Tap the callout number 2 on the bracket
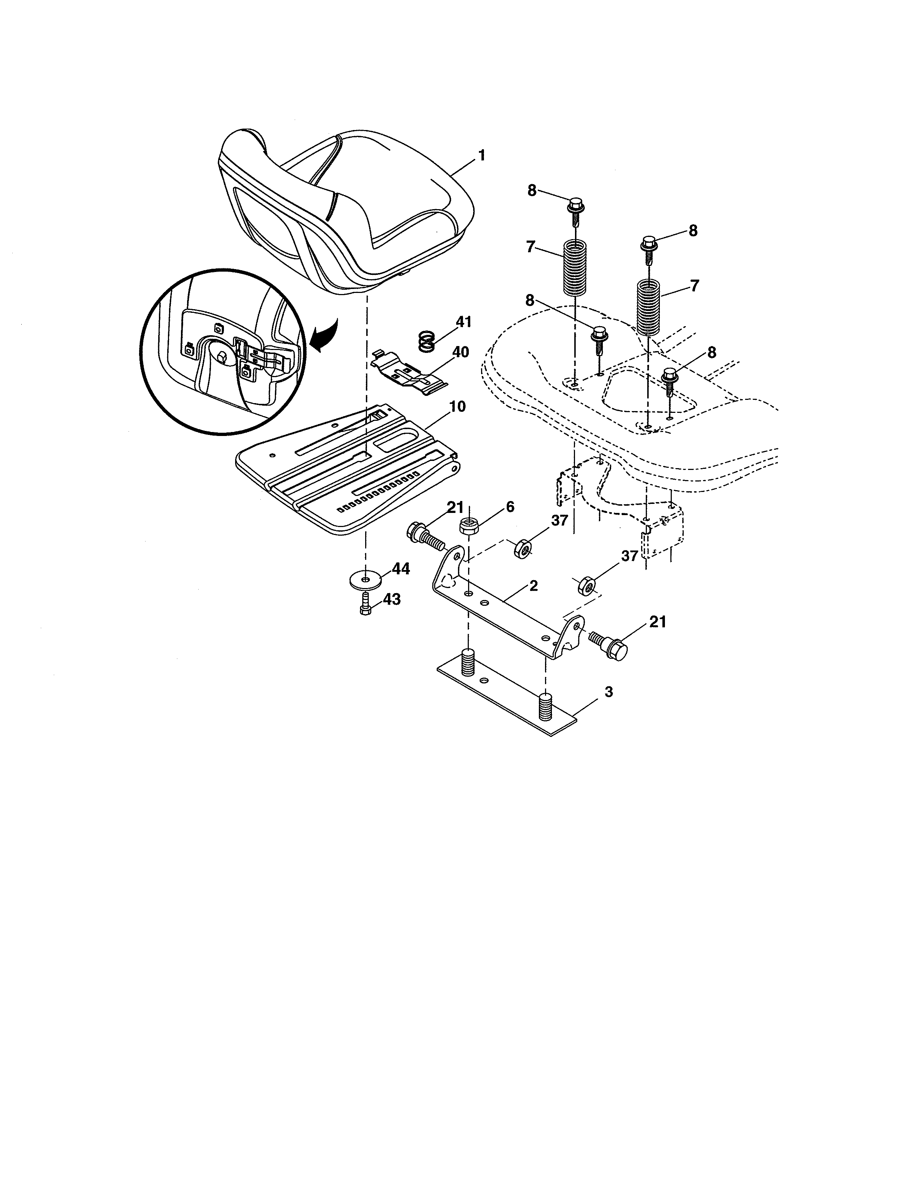(x=533, y=586)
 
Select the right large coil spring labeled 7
(x=648, y=306)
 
